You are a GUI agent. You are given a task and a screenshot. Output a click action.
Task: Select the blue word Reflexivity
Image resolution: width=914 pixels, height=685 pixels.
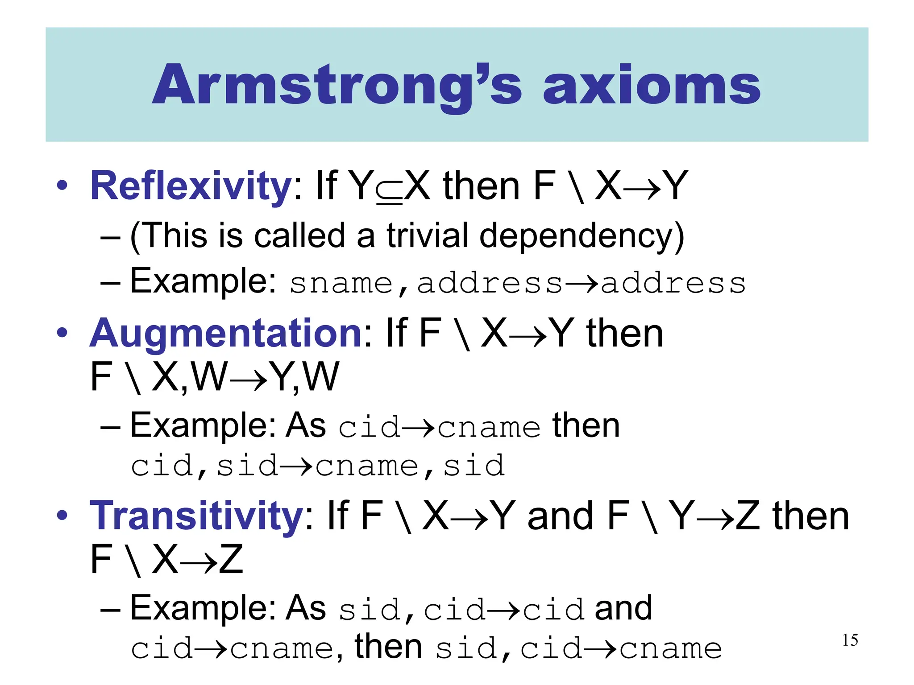point(191,186)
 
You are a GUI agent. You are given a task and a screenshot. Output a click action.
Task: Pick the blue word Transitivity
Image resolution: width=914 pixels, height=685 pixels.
point(197,516)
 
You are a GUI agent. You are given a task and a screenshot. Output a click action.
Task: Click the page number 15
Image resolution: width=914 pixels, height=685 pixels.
point(850,640)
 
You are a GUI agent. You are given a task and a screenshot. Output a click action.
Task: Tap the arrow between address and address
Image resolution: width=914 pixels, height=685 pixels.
point(582,283)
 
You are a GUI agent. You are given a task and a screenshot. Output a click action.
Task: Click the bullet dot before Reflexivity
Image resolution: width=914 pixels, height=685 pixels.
point(62,186)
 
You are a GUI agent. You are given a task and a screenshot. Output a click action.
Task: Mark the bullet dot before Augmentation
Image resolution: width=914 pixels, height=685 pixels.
point(62,333)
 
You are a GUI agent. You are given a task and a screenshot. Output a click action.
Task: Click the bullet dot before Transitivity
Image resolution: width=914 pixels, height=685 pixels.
point(62,516)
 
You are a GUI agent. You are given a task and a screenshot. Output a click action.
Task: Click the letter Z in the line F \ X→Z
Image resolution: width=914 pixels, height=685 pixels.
point(231,560)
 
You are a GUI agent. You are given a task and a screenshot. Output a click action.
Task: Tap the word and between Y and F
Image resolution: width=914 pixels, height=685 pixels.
point(560,516)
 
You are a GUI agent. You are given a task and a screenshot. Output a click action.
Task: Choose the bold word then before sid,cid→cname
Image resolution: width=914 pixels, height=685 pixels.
point(388,646)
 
